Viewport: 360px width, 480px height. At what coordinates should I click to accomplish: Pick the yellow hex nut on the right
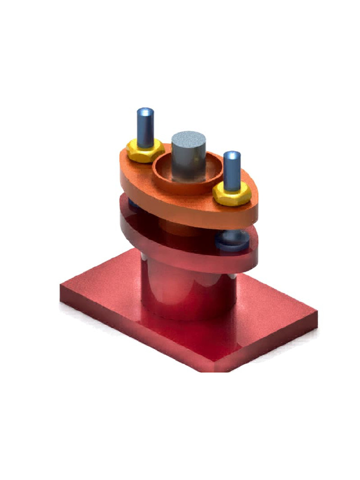(x=232, y=193)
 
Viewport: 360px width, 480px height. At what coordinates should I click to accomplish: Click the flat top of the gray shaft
(x=188, y=139)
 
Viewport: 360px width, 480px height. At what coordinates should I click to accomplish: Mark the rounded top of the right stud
(x=232, y=155)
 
